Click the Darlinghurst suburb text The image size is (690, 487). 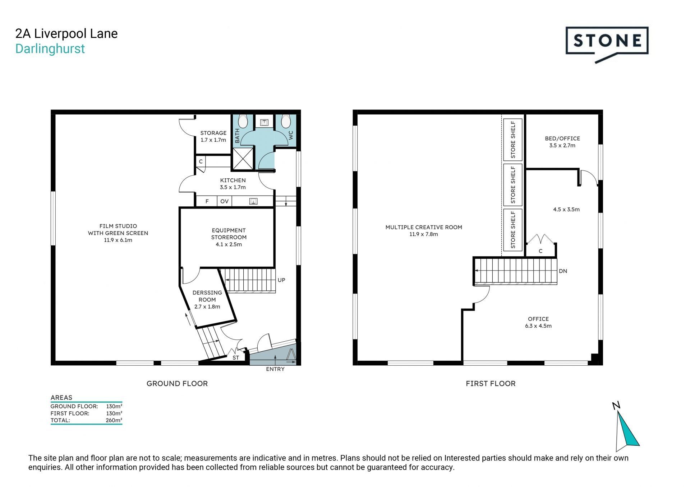50,49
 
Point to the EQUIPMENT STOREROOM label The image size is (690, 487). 229,237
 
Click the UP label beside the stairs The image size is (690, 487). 281,280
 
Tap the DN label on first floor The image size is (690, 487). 563,271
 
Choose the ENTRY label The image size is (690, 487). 275,369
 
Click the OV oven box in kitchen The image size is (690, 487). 224,201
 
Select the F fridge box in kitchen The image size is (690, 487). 207,201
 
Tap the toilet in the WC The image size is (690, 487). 286,121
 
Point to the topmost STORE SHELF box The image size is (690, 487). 513,140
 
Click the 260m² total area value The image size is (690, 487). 114,420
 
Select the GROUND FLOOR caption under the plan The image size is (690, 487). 177,383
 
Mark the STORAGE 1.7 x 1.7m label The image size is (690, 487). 213,136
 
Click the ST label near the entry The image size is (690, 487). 236,358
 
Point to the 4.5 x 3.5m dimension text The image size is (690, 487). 566,210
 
